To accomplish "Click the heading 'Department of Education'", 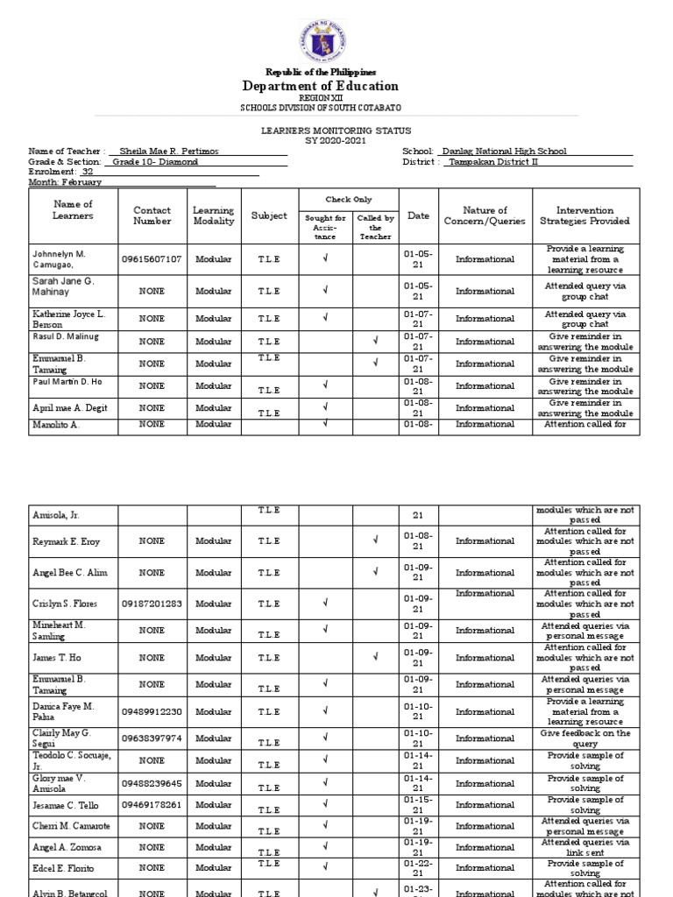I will (x=320, y=86).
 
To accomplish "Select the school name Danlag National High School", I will (x=505, y=151).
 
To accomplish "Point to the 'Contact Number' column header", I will (x=152, y=215).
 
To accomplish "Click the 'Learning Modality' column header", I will (x=214, y=215).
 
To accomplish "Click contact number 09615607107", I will (x=152, y=259).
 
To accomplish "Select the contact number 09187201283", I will (x=152, y=604).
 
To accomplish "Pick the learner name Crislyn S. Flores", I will (x=65, y=604).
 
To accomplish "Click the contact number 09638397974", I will (x=152, y=738).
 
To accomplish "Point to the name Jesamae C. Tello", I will (x=65, y=805).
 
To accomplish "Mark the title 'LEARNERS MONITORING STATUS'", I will (x=320, y=130).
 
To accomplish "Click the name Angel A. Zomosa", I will (x=63, y=846).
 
